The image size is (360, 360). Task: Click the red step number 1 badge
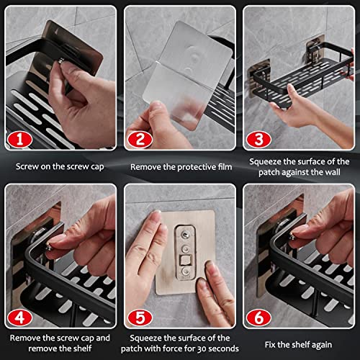tap(19, 139)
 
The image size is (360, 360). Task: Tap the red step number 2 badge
tap(140, 139)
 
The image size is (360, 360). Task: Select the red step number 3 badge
tap(258, 139)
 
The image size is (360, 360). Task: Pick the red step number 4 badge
tap(19, 318)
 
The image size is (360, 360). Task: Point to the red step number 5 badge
tap(140, 318)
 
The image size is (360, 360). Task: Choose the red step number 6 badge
tap(258, 318)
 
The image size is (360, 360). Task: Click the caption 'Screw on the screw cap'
tap(60, 166)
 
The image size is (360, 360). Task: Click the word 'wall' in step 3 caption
tap(333, 172)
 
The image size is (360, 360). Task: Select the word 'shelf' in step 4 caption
tap(82, 348)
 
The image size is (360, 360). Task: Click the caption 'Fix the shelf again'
tap(298, 345)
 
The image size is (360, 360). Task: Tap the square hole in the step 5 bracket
tap(186, 260)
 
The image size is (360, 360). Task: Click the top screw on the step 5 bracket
tap(185, 234)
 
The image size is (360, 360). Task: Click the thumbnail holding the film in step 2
tap(156, 106)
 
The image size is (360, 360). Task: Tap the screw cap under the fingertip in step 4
tap(48, 247)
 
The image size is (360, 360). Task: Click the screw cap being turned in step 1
tap(61, 61)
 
